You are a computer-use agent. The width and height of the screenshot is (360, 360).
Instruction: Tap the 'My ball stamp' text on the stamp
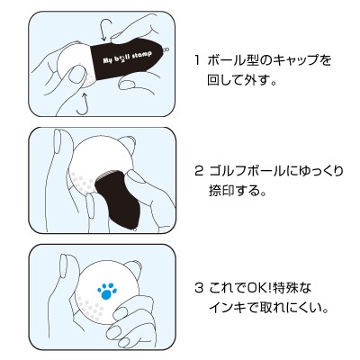pos(127,57)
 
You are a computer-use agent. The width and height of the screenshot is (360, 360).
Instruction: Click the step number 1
pos(197,60)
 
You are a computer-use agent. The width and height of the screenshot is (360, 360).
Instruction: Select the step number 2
pos(199,172)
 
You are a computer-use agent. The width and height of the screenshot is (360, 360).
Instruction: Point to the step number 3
pos(199,288)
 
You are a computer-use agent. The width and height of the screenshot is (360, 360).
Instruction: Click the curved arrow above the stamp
pos(105,30)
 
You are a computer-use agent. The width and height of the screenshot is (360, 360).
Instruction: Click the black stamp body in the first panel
pos(128,58)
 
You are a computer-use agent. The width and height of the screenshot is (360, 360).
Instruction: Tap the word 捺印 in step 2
pos(221,191)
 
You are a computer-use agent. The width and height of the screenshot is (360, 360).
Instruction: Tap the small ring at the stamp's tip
pos(166,49)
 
